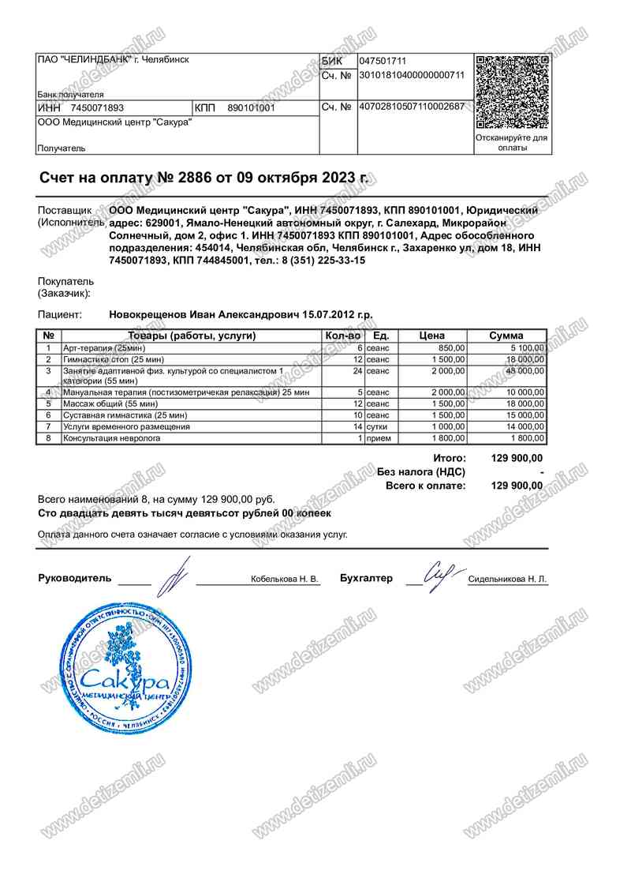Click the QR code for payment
pos(512,92)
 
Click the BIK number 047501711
pos(383,61)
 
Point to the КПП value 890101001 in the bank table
pos(251,107)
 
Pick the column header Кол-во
pos(343,336)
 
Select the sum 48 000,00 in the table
pos(521,370)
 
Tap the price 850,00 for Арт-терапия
pos(452,348)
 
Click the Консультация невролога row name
pos(112,438)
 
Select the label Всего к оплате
pos(426,486)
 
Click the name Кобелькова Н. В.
pos(285,580)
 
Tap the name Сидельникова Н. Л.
pos(507,580)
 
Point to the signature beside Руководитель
pos(172,575)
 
